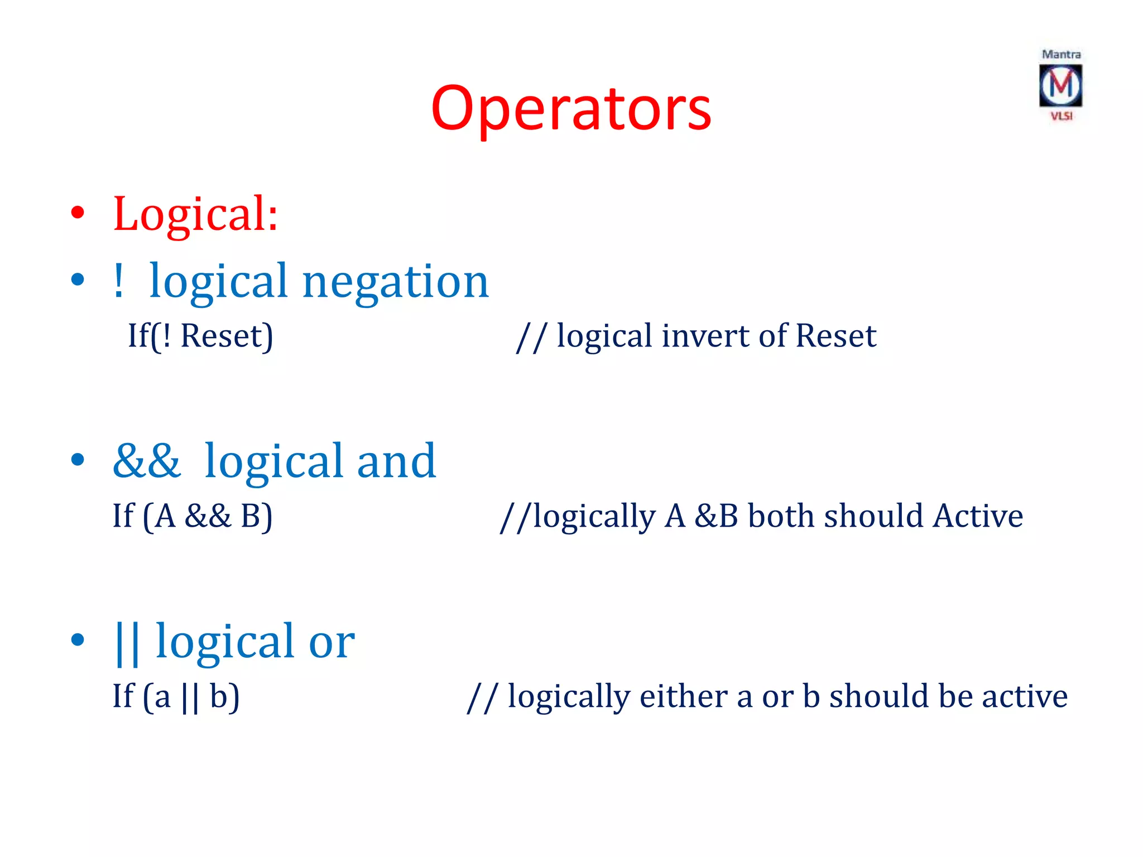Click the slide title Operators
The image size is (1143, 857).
pyautogui.click(x=571, y=109)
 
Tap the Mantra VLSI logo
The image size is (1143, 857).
pyautogui.click(x=1060, y=85)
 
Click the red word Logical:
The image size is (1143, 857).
pyautogui.click(x=195, y=214)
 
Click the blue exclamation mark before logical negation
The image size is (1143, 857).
pyautogui.click(x=118, y=281)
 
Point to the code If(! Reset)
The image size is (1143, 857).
pyautogui.click(x=200, y=336)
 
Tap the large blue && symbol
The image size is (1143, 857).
pyautogui.click(x=147, y=461)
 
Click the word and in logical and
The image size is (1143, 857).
pyautogui.click(x=396, y=461)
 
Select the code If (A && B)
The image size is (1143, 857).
pyautogui.click(x=193, y=516)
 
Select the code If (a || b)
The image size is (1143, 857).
pyautogui.click(x=176, y=697)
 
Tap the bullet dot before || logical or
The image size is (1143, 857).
pyautogui.click(x=78, y=640)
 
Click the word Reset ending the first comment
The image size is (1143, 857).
pyautogui.click(x=835, y=336)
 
